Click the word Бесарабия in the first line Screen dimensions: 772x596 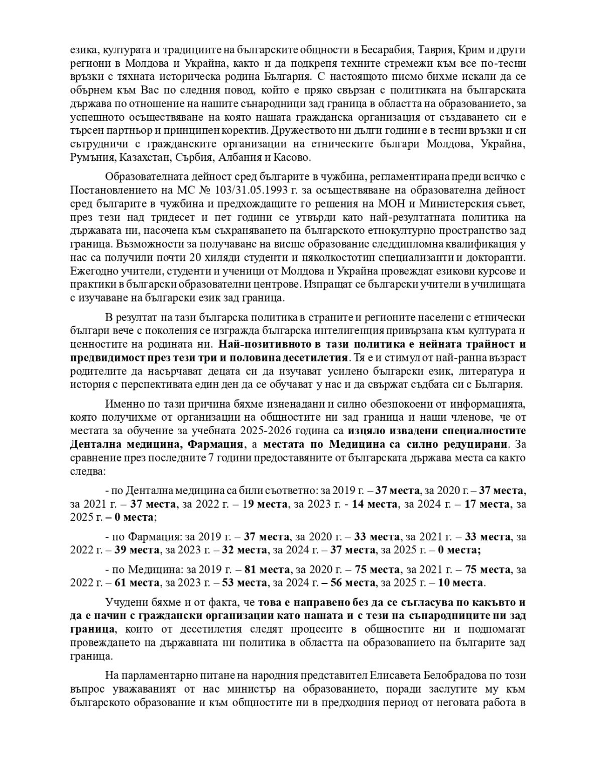[x=396, y=51]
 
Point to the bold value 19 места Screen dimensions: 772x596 [x=264, y=504]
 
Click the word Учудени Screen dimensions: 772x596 [x=123, y=602]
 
